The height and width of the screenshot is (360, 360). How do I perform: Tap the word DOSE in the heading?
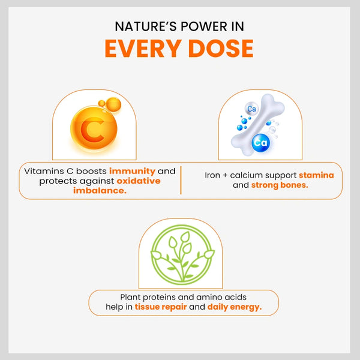pos(221,49)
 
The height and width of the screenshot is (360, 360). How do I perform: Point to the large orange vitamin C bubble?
pos(94,128)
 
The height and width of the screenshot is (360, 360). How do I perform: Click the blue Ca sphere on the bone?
pos(261,143)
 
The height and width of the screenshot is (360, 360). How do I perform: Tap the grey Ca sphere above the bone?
pos(251,109)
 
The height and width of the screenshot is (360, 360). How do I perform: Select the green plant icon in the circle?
pos(182,255)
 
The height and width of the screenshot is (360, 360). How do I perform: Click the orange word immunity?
pos(132,171)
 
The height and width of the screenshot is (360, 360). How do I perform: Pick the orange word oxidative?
pos(139,181)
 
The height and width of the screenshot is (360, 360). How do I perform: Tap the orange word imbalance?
pos(100,191)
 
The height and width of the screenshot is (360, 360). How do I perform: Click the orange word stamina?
pos(316,175)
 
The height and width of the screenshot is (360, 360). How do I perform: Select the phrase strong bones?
pos(280,185)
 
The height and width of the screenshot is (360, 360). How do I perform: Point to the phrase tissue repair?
pos(160,307)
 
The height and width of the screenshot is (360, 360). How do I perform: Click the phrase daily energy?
pos(235,307)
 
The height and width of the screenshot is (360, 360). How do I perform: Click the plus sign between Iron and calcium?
pos(225,175)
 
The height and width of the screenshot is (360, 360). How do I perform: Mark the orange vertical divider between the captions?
pos(181,180)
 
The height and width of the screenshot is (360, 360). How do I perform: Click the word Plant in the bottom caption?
pos(130,297)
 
